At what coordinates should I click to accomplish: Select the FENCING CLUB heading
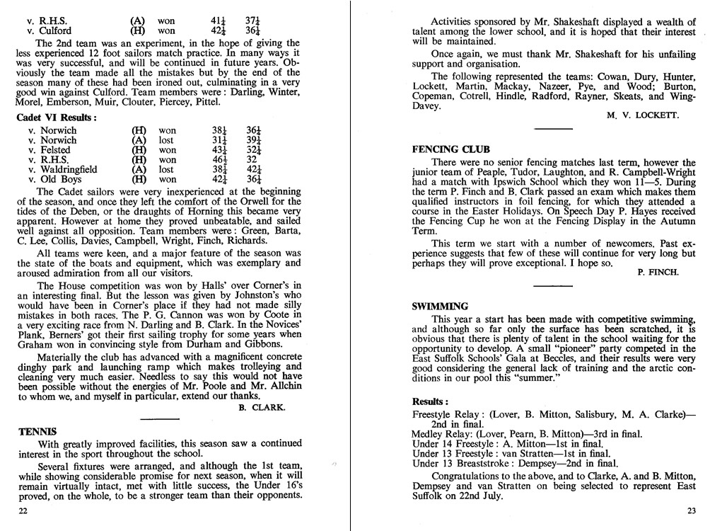coord(450,149)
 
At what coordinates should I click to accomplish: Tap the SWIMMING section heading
coord(440,307)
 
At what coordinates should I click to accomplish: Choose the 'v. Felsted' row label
coord(50,150)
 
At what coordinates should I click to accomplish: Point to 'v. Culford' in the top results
coord(50,31)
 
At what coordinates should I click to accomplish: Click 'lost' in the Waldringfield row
coord(166,170)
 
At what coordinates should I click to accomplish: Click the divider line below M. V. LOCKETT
coord(553,129)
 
